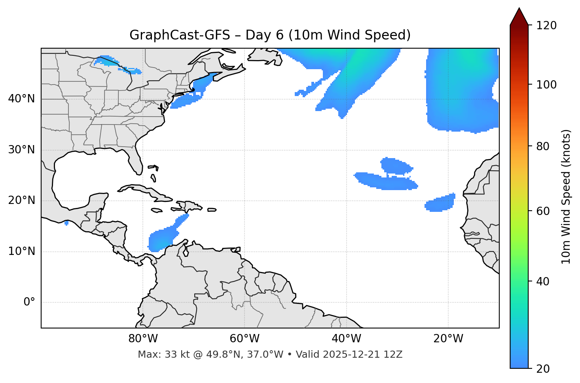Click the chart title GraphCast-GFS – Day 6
coord(270,35)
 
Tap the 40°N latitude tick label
coord(21,99)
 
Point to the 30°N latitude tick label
coord(21,150)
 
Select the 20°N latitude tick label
coord(21,200)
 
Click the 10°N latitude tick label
coord(21,251)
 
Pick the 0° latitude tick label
coord(29,302)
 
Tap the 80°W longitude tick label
coord(143,339)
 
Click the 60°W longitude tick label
coord(245,339)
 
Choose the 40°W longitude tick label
coord(346,339)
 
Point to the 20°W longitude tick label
coord(448,339)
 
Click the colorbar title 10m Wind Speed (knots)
coord(566,196)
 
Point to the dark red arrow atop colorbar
coord(519,17)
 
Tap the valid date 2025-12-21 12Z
coord(362,355)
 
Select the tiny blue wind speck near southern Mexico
coord(66,223)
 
